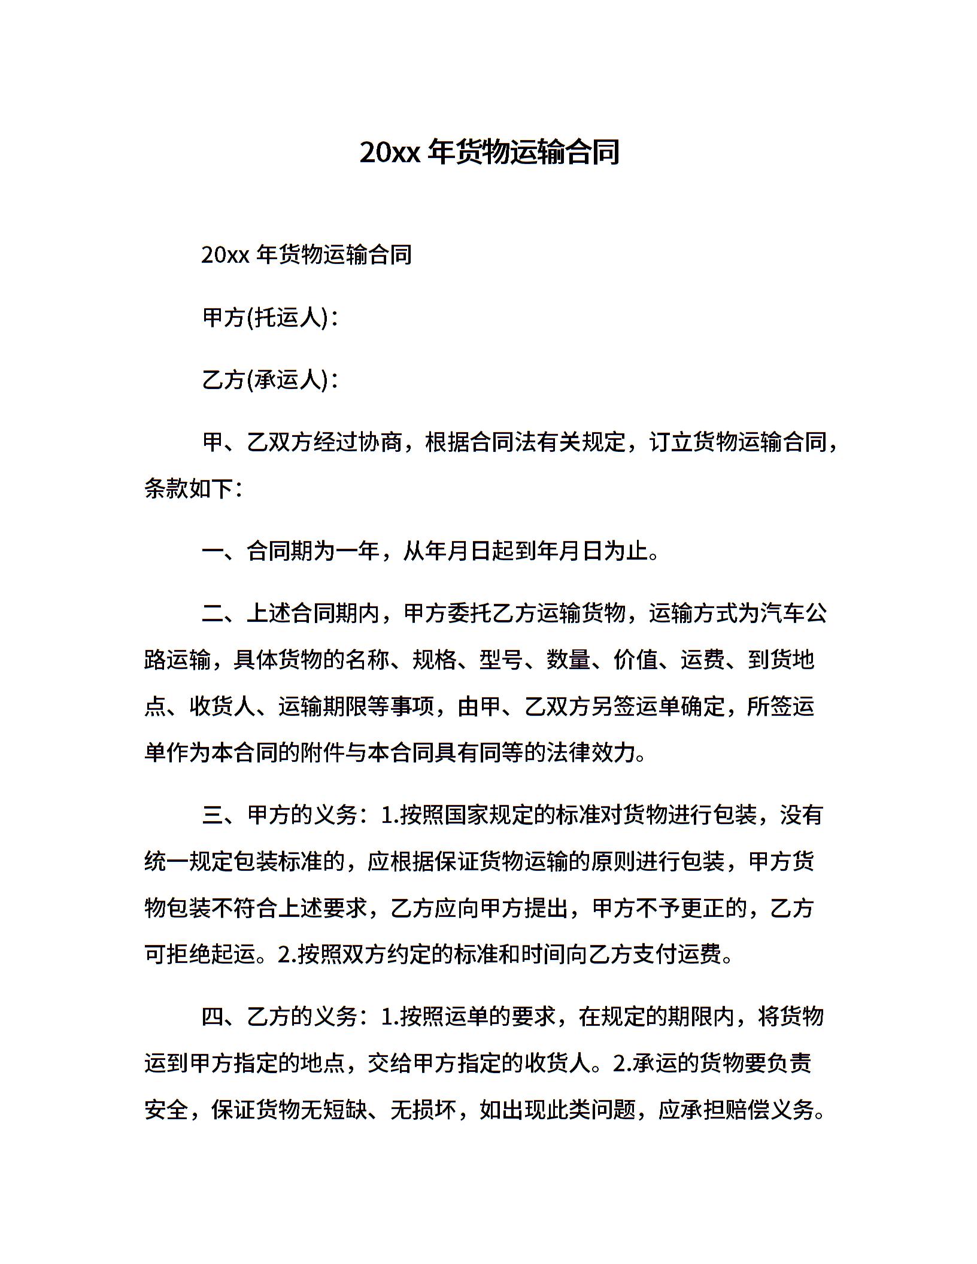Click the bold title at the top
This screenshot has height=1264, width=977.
click(488, 153)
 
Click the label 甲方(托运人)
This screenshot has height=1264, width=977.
click(266, 318)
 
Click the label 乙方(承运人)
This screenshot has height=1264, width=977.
click(266, 379)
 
